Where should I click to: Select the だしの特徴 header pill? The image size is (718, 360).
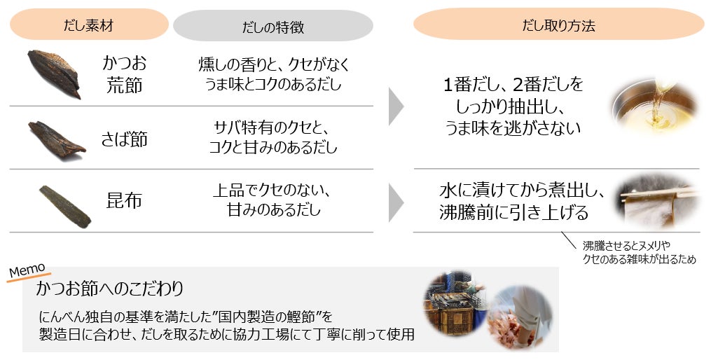[272, 26]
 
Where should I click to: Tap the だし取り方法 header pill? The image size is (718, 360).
[558, 25]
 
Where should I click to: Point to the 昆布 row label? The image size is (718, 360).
[125, 200]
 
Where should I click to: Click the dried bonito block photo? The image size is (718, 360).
[53, 74]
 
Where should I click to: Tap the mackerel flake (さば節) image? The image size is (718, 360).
[56, 137]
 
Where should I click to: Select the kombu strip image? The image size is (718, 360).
[64, 205]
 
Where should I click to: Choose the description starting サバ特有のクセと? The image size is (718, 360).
[273, 138]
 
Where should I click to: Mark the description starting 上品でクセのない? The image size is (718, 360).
[273, 200]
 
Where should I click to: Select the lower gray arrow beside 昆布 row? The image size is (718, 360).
[396, 200]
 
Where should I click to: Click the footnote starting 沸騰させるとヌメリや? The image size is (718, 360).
[640, 252]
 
